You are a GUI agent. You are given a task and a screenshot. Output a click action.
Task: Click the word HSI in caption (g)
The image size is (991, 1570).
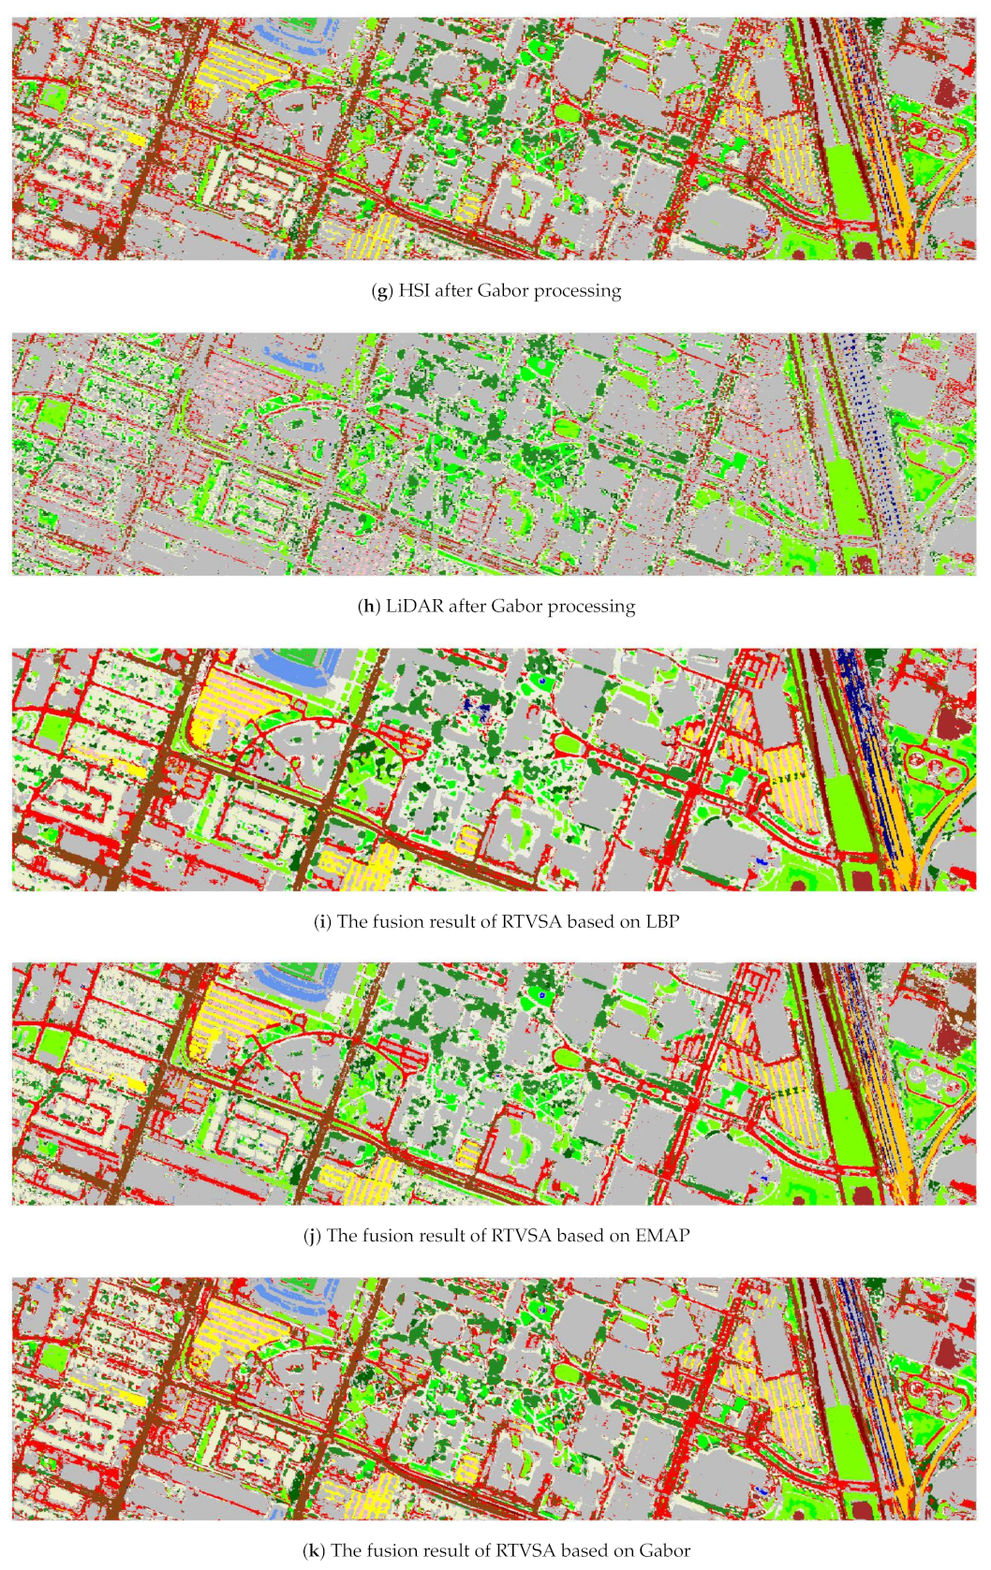(414, 290)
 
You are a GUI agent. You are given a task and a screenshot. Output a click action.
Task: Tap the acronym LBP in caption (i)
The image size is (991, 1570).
(662, 921)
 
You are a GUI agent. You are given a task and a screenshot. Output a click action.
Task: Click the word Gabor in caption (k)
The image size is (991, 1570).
(665, 1550)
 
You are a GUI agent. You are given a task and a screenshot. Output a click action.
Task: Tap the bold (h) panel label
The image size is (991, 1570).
(367, 606)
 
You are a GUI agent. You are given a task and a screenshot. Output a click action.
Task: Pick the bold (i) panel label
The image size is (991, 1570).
(322, 921)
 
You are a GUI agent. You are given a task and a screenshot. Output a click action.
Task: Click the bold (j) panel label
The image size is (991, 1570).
(312, 1235)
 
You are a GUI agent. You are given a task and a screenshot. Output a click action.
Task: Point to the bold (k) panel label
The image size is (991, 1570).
(314, 1550)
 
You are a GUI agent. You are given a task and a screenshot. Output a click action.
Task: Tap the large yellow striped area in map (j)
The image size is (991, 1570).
(225, 1020)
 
